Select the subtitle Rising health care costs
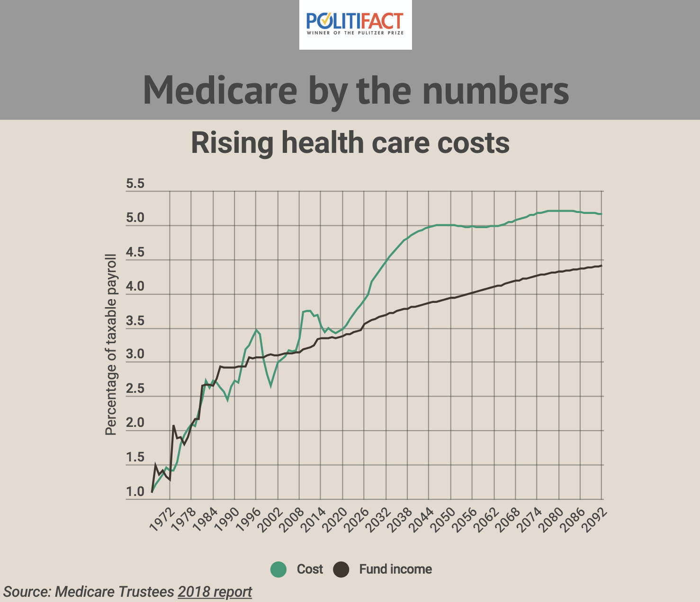click(x=350, y=142)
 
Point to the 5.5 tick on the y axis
click(x=135, y=184)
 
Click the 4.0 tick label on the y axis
click(x=135, y=287)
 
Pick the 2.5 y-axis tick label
click(x=135, y=389)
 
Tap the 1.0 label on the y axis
click(x=135, y=492)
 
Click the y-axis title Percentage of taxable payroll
click(x=111, y=345)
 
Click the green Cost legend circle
click(x=278, y=569)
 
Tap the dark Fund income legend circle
click(x=341, y=569)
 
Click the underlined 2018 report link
click(x=215, y=592)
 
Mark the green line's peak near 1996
click(x=256, y=330)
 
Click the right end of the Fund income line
click(x=601, y=266)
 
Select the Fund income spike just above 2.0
click(x=173, y=425)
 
